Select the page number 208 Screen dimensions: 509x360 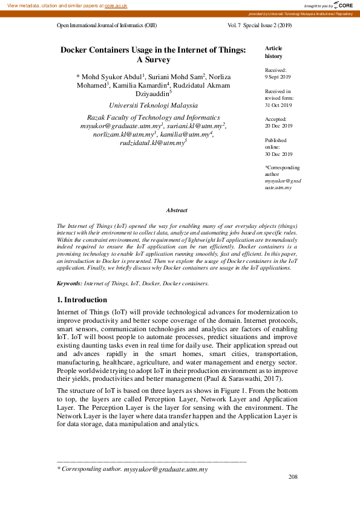click(293, 477)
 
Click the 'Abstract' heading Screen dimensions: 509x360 click(177, 210)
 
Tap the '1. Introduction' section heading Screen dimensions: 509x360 click(82, 299)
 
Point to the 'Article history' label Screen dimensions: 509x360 click(273, 52)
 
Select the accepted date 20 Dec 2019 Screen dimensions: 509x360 click(278, 126)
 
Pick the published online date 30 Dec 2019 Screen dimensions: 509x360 click(278, 154)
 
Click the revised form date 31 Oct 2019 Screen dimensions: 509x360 click(278, 105)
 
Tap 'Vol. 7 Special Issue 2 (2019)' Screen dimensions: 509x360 click(260, 27)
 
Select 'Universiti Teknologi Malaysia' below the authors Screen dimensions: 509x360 click(153, 105)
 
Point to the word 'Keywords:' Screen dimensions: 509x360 click(69, 283)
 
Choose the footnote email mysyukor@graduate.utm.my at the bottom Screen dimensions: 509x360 click(166, 469)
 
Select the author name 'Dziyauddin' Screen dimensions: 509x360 click(152, 93)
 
